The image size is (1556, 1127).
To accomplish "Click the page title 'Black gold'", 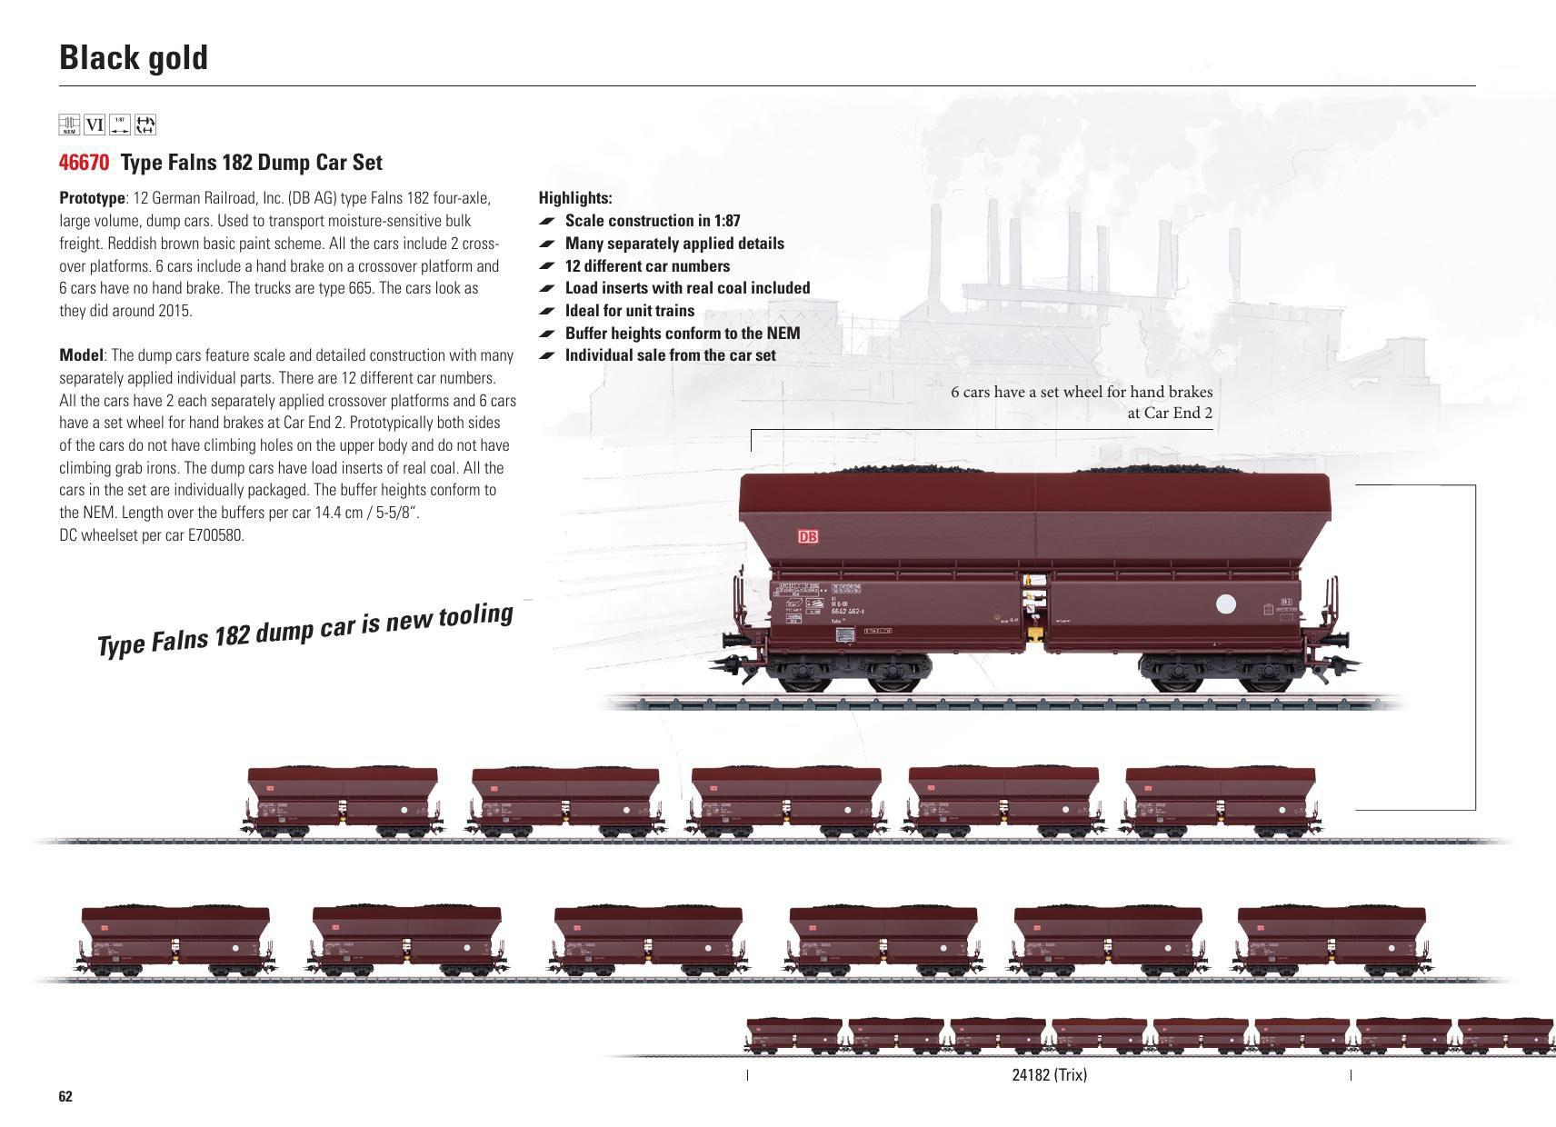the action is coord(134,57).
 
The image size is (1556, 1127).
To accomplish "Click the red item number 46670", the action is coord(84,163).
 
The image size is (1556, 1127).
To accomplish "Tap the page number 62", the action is coord(65,1096).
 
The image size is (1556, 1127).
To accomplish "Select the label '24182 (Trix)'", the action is coord(1049,1075).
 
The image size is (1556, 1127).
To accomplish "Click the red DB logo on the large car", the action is coord(807,537).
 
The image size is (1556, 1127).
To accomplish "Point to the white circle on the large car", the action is coord(1226,604).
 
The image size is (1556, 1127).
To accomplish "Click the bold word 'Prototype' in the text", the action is coord(92,198).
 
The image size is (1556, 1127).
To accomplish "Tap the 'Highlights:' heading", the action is coord(575,198).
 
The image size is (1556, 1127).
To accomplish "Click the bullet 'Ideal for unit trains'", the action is coord(629,311).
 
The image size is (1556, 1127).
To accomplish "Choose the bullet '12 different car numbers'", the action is coord(647,266).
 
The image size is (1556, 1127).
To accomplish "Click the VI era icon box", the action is coord(95,125).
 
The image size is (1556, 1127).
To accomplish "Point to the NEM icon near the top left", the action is coord(69,125).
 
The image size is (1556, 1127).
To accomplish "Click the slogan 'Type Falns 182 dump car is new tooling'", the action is coord(305,628).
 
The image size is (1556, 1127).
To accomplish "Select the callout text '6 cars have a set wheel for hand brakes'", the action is coord(1082,392).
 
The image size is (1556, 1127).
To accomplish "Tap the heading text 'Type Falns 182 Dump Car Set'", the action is coord(252,163).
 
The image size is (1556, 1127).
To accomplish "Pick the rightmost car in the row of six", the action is coord(1332,940).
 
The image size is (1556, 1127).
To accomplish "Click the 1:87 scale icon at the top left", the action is coord(120,125).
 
